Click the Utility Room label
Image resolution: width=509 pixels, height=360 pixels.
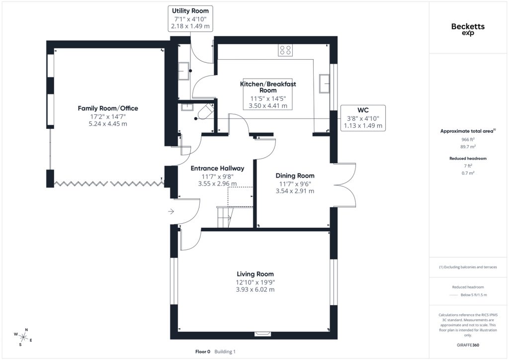click(190, 11)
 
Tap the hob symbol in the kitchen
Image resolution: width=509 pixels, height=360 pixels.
click(285, 50)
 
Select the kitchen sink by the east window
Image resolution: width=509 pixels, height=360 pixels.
click(324, 84)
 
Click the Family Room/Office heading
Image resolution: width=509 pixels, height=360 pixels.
click(108, 108)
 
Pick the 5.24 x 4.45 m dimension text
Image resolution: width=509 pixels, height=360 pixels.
click(108, 124)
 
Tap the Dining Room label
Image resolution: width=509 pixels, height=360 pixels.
click(295, 176)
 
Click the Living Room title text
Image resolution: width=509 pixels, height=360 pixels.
click(255, 274)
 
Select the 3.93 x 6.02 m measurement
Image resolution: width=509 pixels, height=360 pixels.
click(255, 289)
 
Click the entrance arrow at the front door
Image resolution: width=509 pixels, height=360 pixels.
click(171, 212)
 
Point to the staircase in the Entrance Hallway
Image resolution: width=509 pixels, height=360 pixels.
click(225, 217)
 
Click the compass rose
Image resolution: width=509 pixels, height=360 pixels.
click(23, 337)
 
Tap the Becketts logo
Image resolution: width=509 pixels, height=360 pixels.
click(468, 29)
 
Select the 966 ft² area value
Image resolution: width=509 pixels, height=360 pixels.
click(468, 140)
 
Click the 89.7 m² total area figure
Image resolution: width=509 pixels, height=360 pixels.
click(468, 147)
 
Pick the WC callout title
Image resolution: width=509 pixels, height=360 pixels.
click(363, 110)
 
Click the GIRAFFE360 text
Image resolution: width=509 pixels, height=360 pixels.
click(468, 345)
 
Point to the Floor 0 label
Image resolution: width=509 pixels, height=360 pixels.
click(203, 352)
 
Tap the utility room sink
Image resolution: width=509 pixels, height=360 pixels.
click(184, 71)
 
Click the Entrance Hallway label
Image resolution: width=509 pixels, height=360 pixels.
click(217, 168)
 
